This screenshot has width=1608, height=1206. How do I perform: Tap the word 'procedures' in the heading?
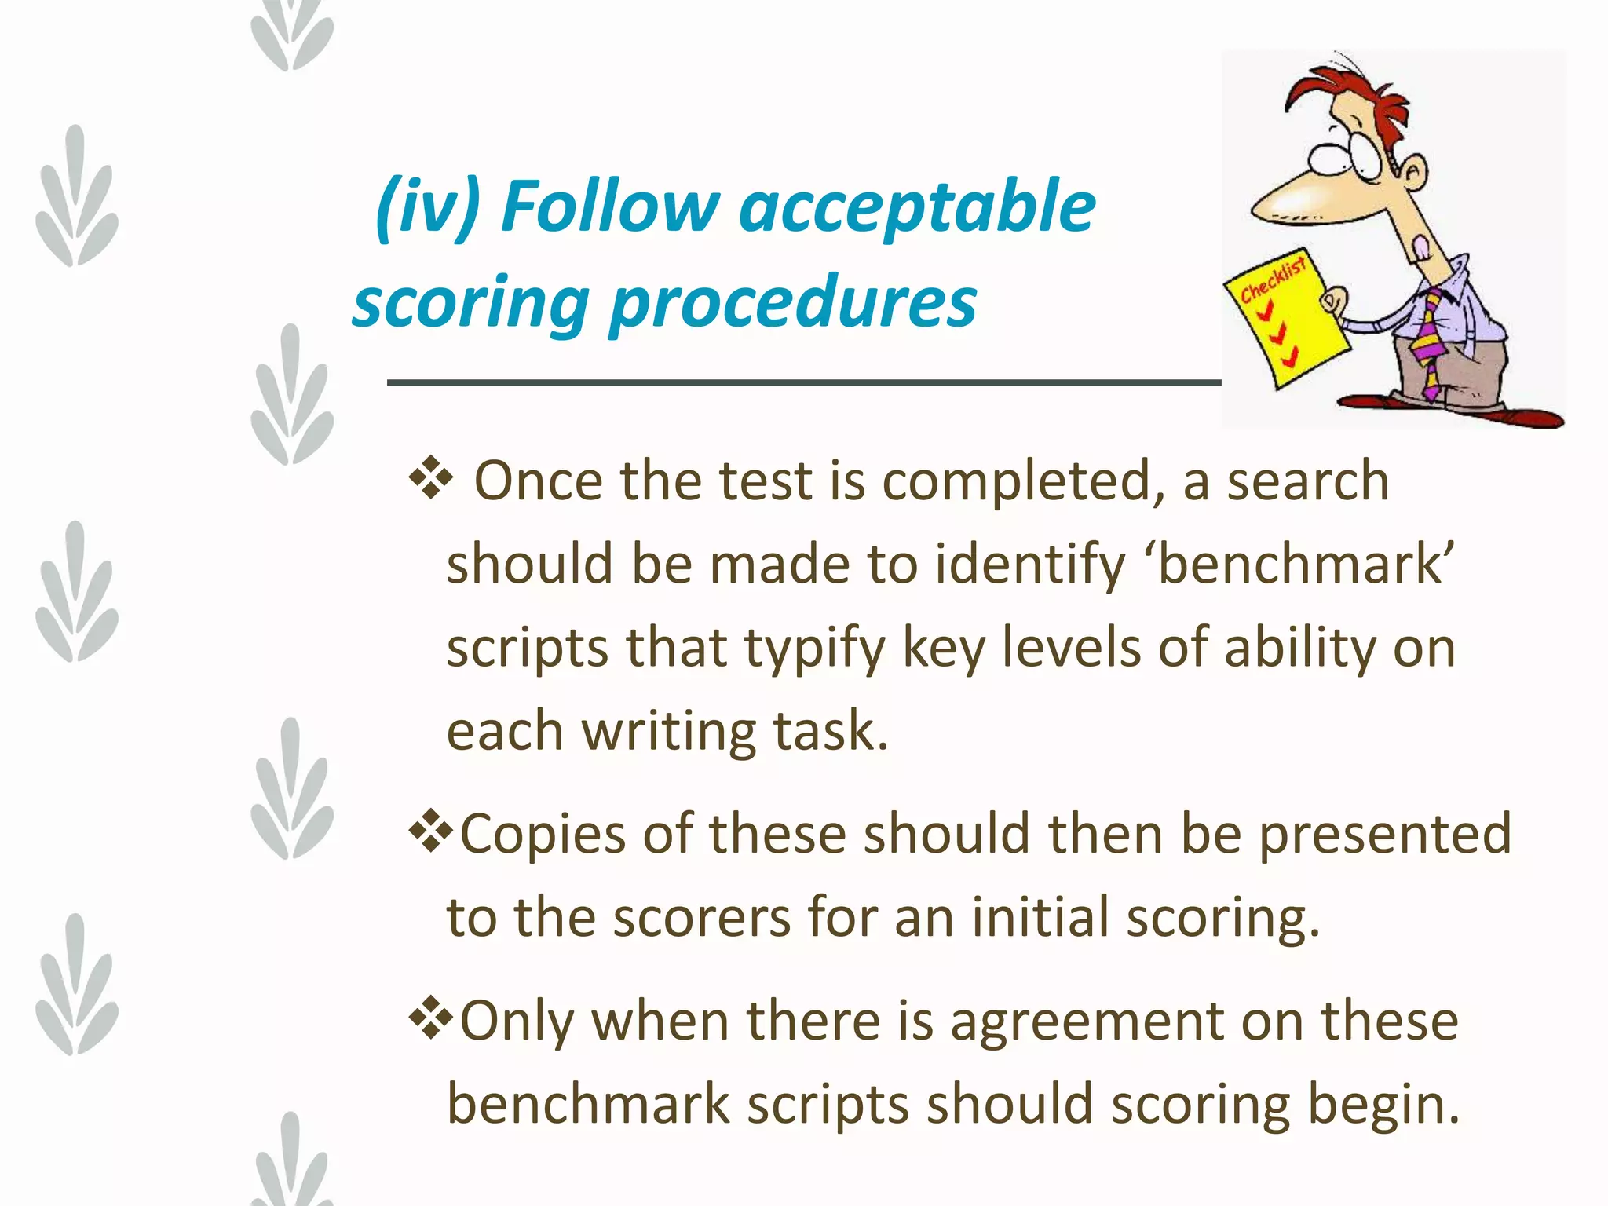(x=793, y=305)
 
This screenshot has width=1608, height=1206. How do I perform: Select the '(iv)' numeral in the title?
(x=428, y=208)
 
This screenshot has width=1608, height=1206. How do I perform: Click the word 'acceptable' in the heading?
(x=917, y=208)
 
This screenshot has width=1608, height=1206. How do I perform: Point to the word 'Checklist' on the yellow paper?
(x=1273, y=279)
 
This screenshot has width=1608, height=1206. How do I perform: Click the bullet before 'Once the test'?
(x=431, y=480)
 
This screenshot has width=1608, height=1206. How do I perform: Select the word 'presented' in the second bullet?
(x=1385, y=834)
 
